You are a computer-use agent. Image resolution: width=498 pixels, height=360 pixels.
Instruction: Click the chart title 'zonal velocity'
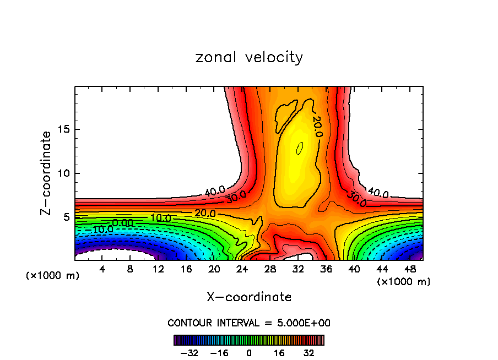pos(249,57)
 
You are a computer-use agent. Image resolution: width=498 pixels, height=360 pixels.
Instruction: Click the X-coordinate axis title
pos(249,297)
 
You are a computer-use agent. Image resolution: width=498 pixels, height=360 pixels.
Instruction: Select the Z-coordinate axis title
pos(46,173)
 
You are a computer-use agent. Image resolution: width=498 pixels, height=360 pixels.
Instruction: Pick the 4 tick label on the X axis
pos(101,270)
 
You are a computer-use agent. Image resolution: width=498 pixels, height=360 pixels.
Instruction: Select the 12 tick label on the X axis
pos(158,270)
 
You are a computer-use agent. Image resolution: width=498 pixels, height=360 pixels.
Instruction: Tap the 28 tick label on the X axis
pos(270,270)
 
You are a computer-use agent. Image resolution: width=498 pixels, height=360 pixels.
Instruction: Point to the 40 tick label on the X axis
pos(354,270)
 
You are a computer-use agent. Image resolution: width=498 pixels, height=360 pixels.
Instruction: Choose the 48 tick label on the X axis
pos(409,270)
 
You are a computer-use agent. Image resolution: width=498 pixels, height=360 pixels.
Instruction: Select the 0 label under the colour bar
pos(249,353)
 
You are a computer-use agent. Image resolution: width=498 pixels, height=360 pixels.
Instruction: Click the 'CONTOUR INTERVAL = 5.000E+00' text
pos(249,323)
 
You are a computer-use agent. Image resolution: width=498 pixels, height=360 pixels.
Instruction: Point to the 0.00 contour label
pos(122,222)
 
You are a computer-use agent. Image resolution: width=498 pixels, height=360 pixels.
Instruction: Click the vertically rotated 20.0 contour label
pos(317,126)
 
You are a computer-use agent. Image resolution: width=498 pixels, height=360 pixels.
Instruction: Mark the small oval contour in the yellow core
pos(300,148)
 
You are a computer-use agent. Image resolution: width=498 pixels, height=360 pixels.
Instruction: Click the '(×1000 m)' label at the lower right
pos(404,282)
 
